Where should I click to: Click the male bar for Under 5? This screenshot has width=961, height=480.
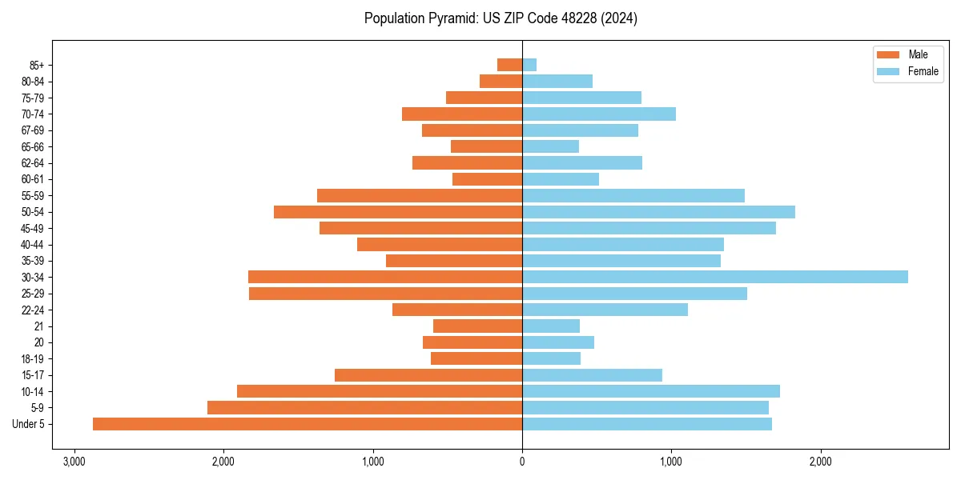point(308,424)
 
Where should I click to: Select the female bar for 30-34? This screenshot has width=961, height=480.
point(715,277)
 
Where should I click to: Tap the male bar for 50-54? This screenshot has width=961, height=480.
point(398,212)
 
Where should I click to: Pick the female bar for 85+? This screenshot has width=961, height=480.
point(529,65)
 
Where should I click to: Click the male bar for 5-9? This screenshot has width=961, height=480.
point(364,408)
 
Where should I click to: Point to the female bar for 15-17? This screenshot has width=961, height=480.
point(592,375)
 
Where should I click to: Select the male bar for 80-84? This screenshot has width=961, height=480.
point(501,81)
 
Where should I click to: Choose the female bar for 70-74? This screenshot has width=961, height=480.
point(599,114)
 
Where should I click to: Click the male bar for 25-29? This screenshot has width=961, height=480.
point(385,294)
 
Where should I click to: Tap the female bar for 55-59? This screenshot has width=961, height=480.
point(633,195)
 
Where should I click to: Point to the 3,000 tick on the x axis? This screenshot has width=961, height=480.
point(74,462)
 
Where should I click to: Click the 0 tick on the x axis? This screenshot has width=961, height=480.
point(522,462)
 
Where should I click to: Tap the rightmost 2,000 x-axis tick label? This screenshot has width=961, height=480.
point(820,462)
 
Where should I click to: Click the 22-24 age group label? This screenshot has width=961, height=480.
point(33,310)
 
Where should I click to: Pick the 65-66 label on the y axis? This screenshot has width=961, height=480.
point(33,146)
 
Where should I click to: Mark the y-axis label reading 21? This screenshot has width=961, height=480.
point(38,326)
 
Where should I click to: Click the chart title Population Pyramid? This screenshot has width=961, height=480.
point(501,18)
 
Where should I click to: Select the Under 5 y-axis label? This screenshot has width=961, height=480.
point(29,424)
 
